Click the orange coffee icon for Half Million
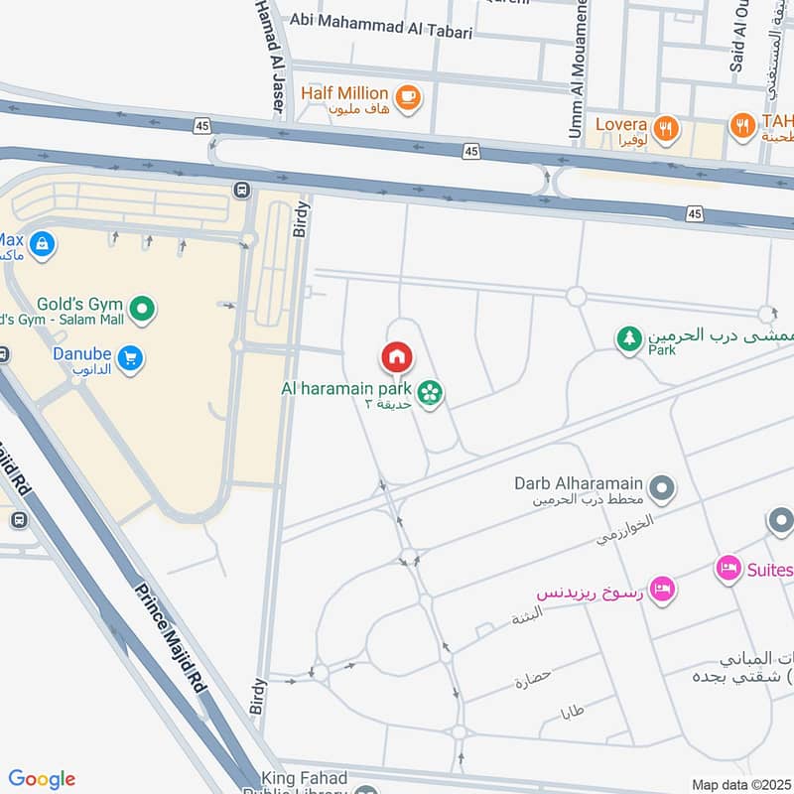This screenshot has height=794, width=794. pos(407,96)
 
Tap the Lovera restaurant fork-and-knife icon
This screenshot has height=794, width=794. pos(665,127)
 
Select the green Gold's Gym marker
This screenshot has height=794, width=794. pos(143,310)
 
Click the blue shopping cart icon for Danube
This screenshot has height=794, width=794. pos(129,358)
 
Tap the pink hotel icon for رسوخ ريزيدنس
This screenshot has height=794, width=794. pos(663,589)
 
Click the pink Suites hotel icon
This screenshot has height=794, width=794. pos(729,569)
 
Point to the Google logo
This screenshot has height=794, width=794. pos(42,779)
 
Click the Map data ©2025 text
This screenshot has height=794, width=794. pos(740,784)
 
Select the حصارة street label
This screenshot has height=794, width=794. pos(532,681)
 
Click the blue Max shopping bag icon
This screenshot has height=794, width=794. pos(42,243)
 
